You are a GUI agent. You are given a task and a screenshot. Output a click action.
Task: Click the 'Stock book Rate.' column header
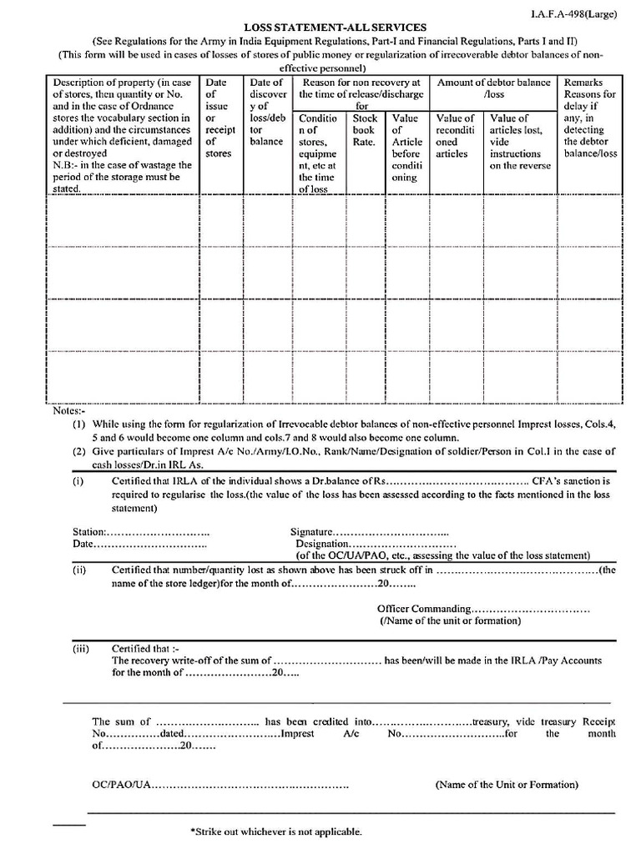[364, 130]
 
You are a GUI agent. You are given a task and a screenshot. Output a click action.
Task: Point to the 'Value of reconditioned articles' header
[456, 136]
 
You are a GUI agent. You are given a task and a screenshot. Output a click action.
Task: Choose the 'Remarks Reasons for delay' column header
[589, 118]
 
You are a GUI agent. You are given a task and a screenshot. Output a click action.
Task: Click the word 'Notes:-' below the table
[69, 412]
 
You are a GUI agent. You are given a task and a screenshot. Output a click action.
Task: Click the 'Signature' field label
[311, 531]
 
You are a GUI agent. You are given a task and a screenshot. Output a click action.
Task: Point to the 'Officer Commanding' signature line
[424, 609]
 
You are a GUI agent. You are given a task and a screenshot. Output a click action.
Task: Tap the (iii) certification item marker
[80, 648]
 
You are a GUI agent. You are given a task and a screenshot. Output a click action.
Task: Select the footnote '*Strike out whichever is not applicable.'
[276, 831]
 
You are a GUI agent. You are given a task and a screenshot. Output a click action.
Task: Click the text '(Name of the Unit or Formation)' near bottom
[507, 785]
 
